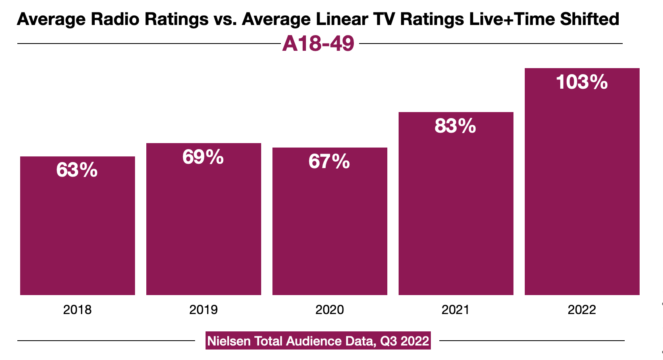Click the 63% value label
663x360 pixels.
coord(77,170)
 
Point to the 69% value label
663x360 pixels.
coord(203,157)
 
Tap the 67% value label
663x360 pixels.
coord(329,161)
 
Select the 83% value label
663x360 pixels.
coord(455,126)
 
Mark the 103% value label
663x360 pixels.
coord(582,82)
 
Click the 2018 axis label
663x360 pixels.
coord(77,310)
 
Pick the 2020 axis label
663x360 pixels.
coord(330,310)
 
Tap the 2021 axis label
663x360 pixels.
coord(455,310)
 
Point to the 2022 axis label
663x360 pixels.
coord(582,310)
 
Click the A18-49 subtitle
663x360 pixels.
coord(318,43)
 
